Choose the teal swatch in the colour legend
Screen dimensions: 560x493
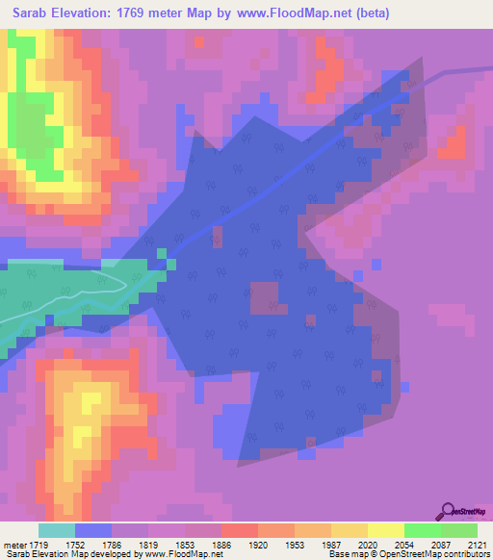(57, 530)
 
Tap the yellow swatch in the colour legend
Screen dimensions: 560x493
(385, 530)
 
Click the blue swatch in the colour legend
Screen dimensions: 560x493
(93, 530)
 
